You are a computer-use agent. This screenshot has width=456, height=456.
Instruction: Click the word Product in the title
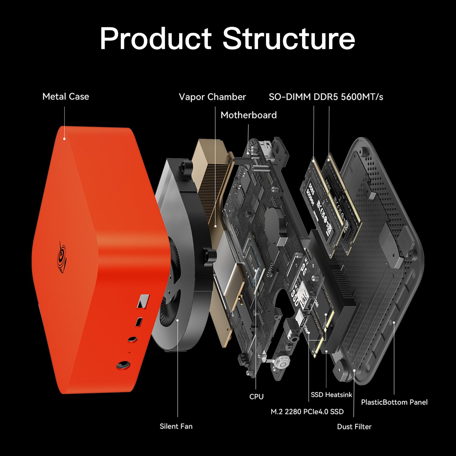[x=155, y=39]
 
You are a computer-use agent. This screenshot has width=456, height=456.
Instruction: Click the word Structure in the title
[x=288, y=39]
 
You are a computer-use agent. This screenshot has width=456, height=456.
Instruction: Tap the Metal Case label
[x=66, y=97]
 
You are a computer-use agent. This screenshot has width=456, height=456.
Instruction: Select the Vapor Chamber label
[x=212, y=97]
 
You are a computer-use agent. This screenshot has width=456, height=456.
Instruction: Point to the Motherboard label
[x=248, y=115]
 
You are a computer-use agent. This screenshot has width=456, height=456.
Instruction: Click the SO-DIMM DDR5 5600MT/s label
[x=326, y=97]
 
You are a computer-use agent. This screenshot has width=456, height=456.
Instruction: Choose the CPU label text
[x=256, y=396]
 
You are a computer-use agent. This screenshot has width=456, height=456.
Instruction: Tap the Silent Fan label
[x=176, y=426]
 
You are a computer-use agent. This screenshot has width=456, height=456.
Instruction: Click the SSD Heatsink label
[x=331, y=395]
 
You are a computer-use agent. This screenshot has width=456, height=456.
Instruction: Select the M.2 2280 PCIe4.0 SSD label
[x=307, y=412]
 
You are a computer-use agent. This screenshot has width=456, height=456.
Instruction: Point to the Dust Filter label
[x=354, y=427]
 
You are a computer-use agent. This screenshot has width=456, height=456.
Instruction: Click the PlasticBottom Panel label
[x=394, y=402]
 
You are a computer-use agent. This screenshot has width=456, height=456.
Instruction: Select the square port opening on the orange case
[x=143, y=300]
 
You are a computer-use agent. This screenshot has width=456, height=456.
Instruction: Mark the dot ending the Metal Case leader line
[x=64, y=139]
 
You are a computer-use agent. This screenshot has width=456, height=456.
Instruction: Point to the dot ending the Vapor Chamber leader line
[x=215, y=226]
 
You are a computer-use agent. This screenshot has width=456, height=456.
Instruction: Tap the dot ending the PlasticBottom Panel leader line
[x=394, y=322]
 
